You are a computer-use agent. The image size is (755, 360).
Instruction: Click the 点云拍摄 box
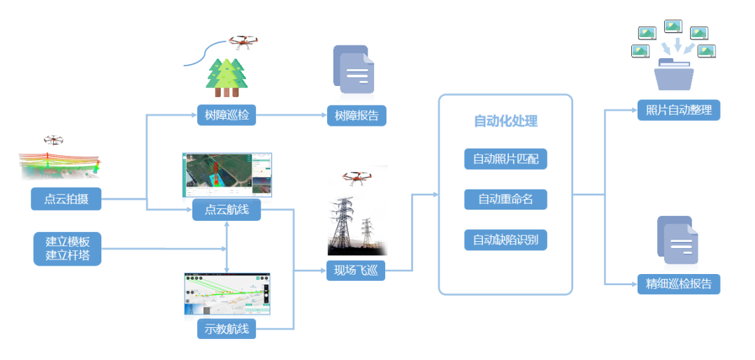pos(66,199)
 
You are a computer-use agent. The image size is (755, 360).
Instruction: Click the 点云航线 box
pos(226,210)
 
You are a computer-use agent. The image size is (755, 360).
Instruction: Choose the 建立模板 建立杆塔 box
pos(68,248)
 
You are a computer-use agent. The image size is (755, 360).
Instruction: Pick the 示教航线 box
pos(226,329)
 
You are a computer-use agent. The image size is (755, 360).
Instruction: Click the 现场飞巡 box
pos(355,270)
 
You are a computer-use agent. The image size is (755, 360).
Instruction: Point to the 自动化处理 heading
pos(505,121)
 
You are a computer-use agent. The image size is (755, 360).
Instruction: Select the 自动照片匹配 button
pos(505,159)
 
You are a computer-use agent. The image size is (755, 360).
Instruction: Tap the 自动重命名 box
pos(505,199)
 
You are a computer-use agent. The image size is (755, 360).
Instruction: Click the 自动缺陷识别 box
pos(505,240)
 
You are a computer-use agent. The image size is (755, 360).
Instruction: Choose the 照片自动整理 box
pos(678,110)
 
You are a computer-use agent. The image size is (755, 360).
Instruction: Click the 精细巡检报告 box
pos(678,284)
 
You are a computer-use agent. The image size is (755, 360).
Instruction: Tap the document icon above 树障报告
pos(354,70)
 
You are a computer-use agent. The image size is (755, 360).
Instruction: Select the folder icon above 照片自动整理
pos(674,74)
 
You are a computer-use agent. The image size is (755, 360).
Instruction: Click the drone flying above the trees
pos(243,43)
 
